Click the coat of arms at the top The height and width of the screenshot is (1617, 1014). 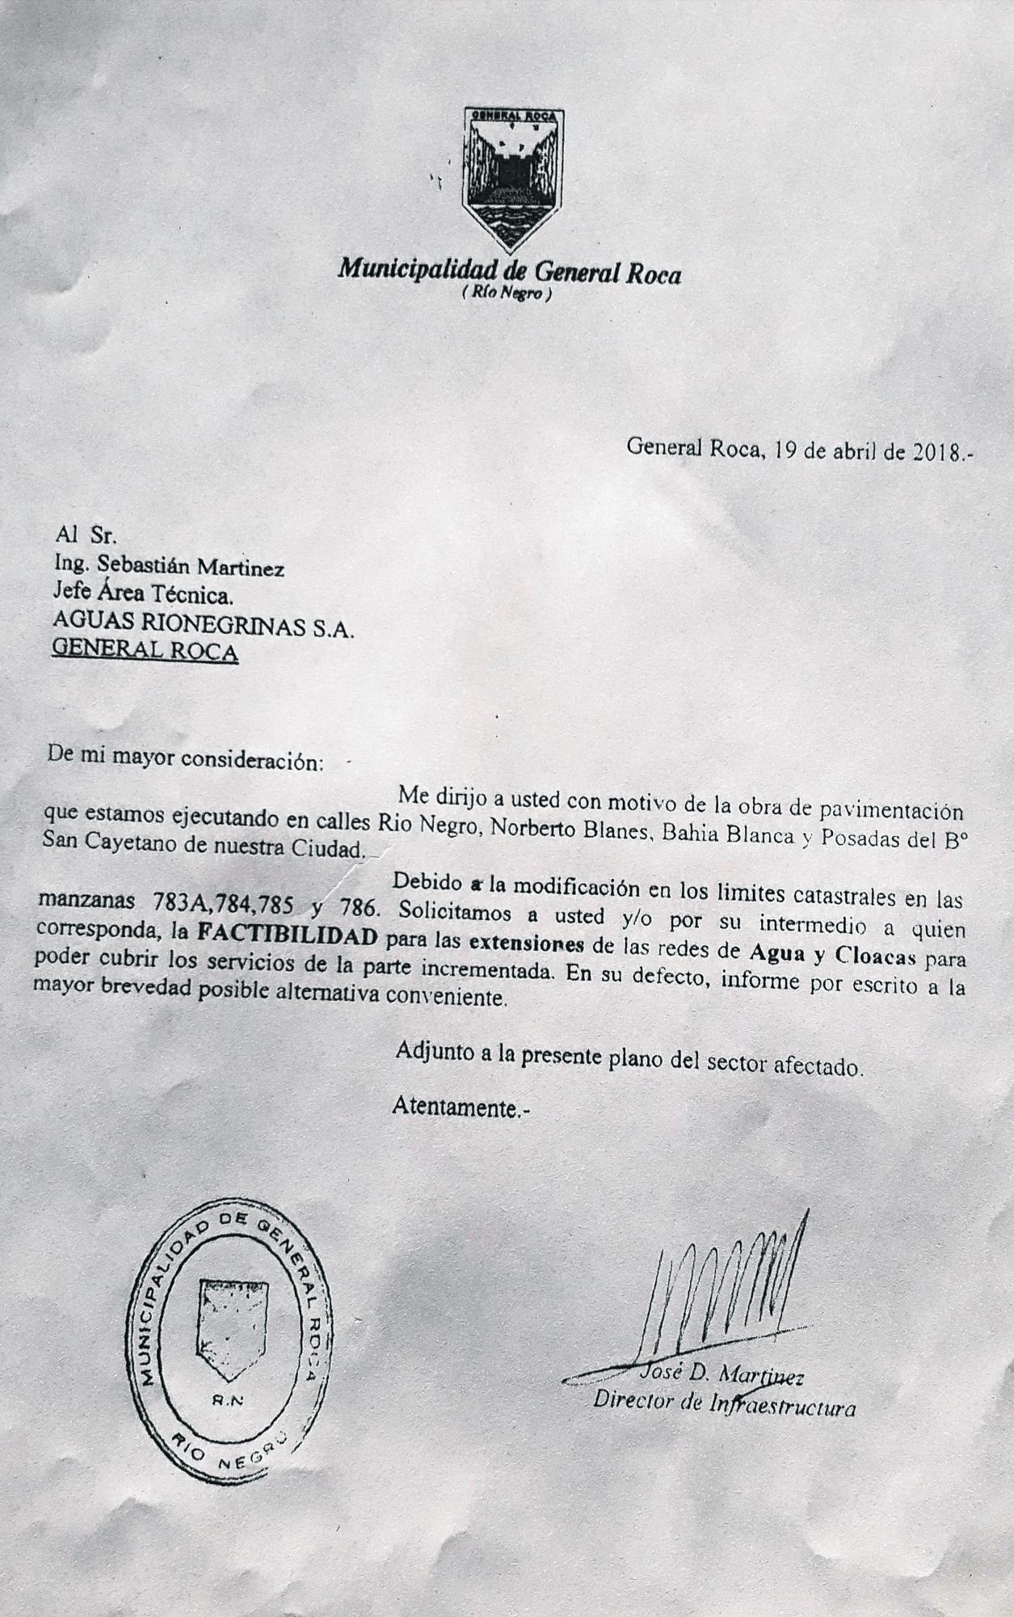point(511,176)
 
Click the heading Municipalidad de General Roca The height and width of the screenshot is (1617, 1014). point(510,272)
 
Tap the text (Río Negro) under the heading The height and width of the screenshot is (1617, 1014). point(507,295)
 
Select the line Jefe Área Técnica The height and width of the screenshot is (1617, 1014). point(143,597)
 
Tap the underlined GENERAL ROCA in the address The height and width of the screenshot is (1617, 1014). point(145,652)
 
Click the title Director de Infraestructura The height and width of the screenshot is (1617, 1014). point(724,1405)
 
